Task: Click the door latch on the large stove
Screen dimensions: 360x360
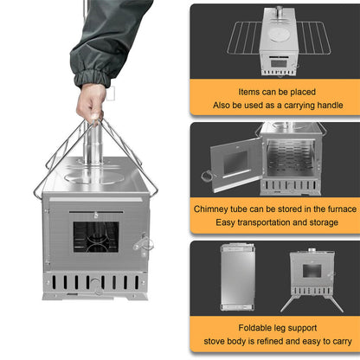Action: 144,242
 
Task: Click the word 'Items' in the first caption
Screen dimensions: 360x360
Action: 248,91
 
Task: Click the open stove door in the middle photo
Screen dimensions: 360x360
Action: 235,164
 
